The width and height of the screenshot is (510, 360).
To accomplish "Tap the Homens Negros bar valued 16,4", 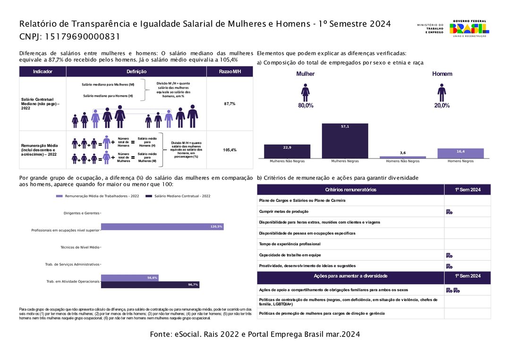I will (x=460, y=153).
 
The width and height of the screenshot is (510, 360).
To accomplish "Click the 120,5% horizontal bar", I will (x=162, y=227).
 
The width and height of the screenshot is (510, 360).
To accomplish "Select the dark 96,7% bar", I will (x=150, y=285).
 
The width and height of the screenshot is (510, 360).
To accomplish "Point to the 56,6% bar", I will (x=129, y=278).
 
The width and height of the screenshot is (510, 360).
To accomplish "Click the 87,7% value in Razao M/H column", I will (x=229, y=104).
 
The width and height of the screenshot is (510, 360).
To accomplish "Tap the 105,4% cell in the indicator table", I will (x=229, y=150).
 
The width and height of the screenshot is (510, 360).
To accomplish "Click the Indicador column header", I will (x=42, y=72).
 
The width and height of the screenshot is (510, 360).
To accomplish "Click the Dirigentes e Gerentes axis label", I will (x=81, y=213).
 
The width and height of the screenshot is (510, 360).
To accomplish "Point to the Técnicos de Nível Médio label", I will (x=80, y=247).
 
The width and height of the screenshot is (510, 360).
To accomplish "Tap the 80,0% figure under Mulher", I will (x=306, y=106).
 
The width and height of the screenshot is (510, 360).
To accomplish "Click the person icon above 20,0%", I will (x=442, y=92).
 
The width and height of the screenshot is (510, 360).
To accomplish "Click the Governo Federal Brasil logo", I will (x=469, y=29).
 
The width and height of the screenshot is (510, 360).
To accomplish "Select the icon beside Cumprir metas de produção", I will (x=449, y=212).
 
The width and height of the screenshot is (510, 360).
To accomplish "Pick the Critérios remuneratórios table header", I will (x=350, y=190).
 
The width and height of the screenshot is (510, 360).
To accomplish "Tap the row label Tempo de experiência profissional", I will (x=289, y=244).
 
